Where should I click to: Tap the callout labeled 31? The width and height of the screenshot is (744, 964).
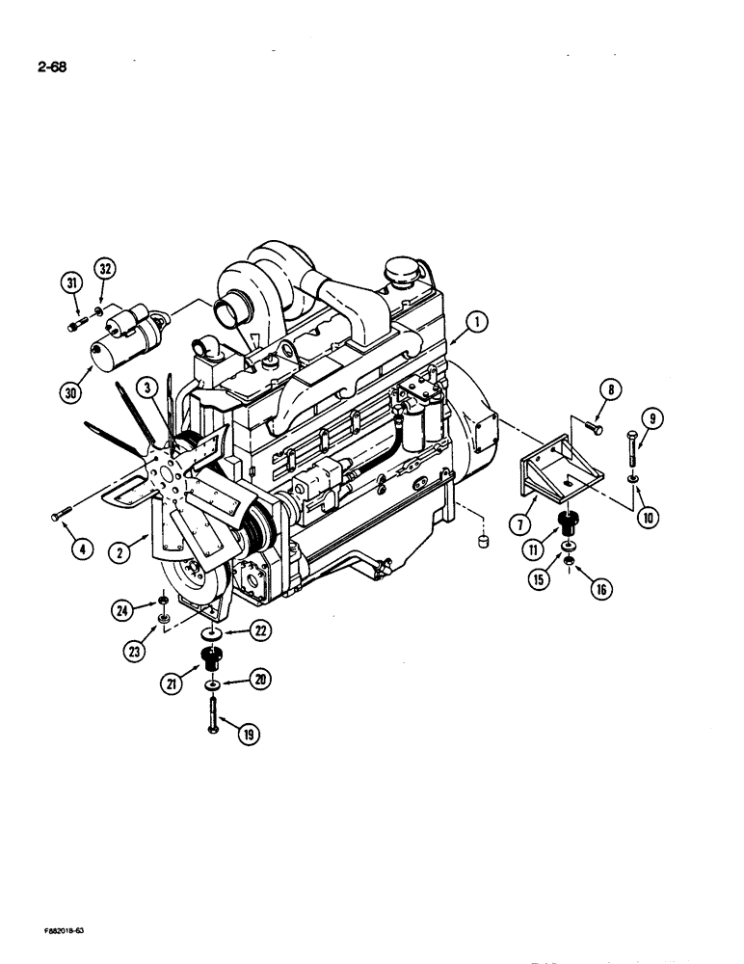[x=70, y=282]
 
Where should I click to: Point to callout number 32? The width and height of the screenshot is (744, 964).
[x=104, y=269]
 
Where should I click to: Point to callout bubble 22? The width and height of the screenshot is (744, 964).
[x=258, y=630]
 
